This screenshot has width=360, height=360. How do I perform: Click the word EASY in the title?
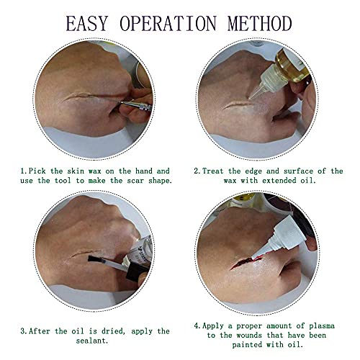pos(86,23)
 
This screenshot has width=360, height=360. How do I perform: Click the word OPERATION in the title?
pos(168,23)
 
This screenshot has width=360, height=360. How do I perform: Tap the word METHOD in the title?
pos(260,23)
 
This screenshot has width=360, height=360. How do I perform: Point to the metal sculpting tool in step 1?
pos(136,105)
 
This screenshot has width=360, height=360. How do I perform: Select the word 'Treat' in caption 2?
pos(213,171)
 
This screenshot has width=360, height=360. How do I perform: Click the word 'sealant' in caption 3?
pos(91,341)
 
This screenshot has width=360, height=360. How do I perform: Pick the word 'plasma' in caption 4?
pos(322,326)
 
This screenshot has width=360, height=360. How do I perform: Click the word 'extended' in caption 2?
pos(279,181)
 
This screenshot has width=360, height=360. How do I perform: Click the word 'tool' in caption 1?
pos(63,181)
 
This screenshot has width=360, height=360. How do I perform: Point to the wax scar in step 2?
pos(238,105)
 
